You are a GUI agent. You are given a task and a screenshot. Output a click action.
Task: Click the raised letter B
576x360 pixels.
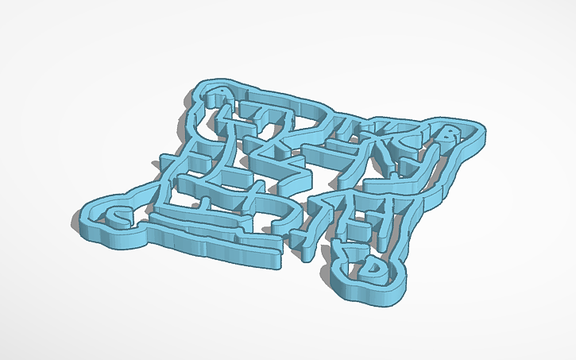(450, 137)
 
